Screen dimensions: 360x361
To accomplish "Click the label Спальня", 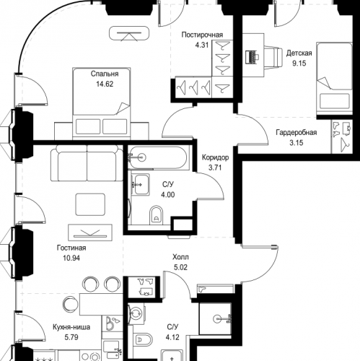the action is [x=105, y=74].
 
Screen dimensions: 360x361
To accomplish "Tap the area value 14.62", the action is [x=105, y=84].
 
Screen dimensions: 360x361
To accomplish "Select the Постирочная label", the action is [x=202, y=35].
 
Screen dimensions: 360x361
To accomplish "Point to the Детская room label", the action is [x=299, y=53].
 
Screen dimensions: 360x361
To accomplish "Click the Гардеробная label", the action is [x=297, y=132].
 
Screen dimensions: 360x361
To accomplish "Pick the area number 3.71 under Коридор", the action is [x=215, y=168].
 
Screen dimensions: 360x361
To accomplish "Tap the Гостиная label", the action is [x=71, y=248].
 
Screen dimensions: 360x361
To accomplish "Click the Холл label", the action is [x=180, y=257].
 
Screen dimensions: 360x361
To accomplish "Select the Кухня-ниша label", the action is [x=71, y=327].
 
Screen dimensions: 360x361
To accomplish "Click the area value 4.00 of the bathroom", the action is [x=168, y=194].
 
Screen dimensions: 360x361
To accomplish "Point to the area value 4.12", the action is [x=172, y=337].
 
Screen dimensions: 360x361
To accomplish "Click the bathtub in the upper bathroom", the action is [x=157, y=157].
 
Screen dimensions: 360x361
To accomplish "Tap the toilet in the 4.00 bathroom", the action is [x=156, y=215].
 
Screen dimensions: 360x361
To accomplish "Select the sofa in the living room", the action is [x=87, y=162].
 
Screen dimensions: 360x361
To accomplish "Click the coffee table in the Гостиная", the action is [x=90, y=204].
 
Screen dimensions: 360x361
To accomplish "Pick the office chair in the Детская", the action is [x=273, y=58].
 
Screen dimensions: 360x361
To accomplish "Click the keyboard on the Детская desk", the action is [x=251, y=57].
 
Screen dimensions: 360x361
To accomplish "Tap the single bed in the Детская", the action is [x=334, y=79].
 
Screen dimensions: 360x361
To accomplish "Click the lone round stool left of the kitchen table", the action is [x=70, y=304].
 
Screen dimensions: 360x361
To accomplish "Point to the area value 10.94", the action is [x=71, y=258].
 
